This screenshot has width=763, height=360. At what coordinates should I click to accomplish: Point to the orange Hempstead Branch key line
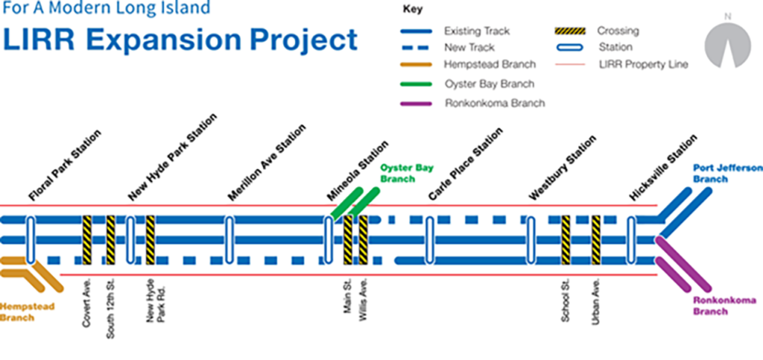point(417,65)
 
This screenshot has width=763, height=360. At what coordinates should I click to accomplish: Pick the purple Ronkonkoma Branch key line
point(417,103)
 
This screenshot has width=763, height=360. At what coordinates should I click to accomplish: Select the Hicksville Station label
point(662,168)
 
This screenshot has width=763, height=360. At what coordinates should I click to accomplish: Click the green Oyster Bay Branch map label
point(402,174)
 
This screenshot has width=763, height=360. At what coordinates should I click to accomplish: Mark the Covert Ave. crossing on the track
point(87,240)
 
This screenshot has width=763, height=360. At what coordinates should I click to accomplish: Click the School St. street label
point(566,302)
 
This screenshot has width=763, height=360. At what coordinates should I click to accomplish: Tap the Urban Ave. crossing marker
point(596,240)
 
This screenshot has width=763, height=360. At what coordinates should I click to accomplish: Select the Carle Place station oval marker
point(430,240)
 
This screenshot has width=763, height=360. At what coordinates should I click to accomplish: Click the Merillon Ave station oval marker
point(229,240)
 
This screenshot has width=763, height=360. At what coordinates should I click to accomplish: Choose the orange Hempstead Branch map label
point(17,312)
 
